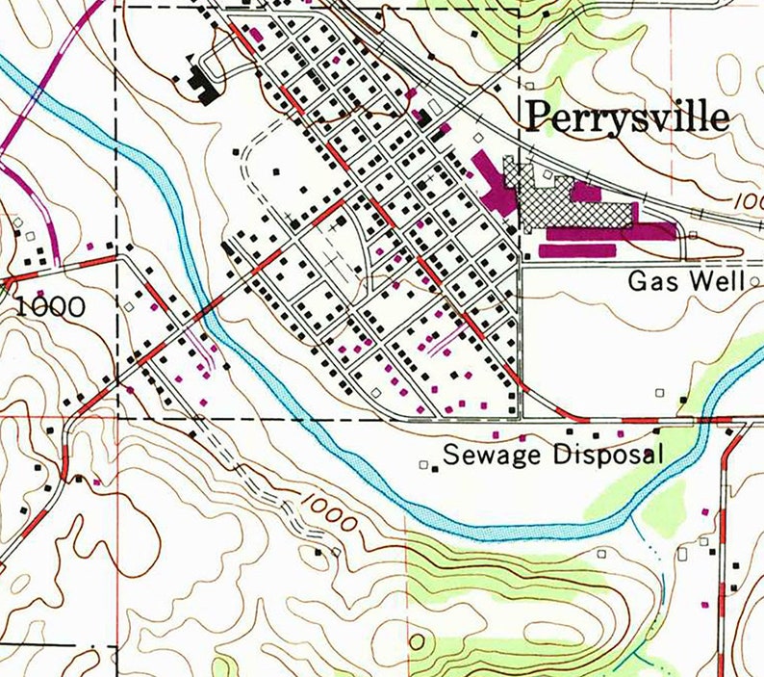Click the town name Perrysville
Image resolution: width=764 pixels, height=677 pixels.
click(x=625, y=117)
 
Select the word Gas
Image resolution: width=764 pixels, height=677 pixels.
click(x=649, y=281)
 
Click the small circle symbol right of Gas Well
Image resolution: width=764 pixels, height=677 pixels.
click(x=754, y=281)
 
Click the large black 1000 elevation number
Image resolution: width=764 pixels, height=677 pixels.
click(x=50, y=307)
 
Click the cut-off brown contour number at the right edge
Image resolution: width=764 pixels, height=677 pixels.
click(x=751, y=201)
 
